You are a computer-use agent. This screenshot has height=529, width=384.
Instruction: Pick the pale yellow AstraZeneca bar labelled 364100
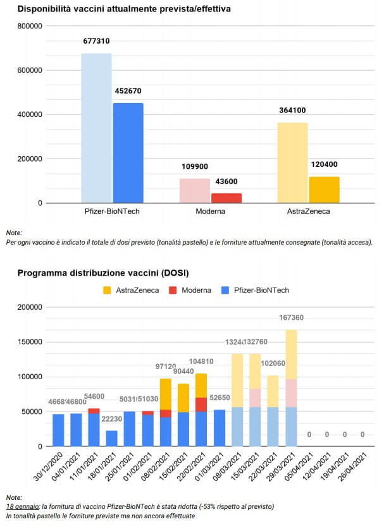point(293,162)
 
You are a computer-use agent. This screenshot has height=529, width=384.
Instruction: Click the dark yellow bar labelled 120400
point(325,190)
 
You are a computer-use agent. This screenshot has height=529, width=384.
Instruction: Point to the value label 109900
point(194,170)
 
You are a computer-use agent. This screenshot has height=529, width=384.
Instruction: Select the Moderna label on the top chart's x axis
point(211,211)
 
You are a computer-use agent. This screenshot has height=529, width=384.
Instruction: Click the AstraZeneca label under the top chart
point(309,211)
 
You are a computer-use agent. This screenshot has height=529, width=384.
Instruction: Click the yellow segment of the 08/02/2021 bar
point(166,394)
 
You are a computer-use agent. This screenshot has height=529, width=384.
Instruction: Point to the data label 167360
point(291,318)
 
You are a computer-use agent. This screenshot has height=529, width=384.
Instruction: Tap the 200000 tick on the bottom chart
point(29,307)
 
